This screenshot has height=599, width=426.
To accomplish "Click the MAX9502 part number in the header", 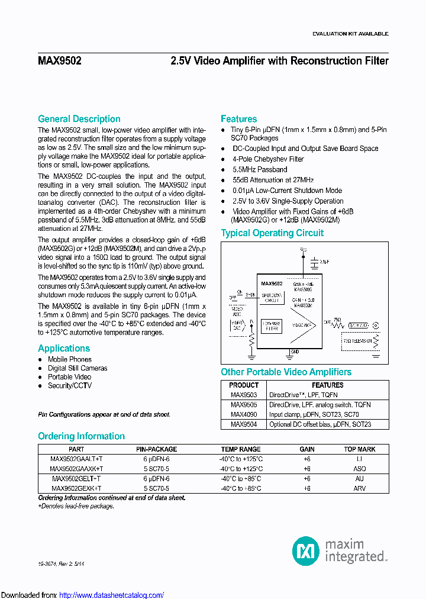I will tap(60, 61).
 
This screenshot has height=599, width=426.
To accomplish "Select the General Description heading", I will tap(79, 119).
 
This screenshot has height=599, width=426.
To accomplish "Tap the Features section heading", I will tap(238, 119).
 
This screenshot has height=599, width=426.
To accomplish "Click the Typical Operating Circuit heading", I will tap(272, 233).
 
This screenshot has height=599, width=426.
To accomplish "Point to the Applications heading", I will tap(64, 349).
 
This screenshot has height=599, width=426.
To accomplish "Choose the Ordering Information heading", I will tap(81, 436).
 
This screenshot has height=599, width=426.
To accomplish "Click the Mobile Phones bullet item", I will tap(69, 359).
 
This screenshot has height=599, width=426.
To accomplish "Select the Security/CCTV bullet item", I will tap(69, 386).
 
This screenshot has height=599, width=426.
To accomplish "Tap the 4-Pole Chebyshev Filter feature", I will tap(268, 159).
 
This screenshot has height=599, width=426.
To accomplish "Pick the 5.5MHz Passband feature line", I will tap(260, 169).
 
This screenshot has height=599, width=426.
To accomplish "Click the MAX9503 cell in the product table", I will tap(244, 395).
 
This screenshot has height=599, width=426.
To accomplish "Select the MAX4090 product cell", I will tap(244, 414).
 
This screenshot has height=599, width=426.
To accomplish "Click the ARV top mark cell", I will tap(360, 488).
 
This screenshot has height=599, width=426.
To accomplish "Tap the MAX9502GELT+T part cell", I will tap(76, 478).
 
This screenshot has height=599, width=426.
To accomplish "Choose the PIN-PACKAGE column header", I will tap(156, 449).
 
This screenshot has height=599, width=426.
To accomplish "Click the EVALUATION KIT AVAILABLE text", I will tap(350, 34).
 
